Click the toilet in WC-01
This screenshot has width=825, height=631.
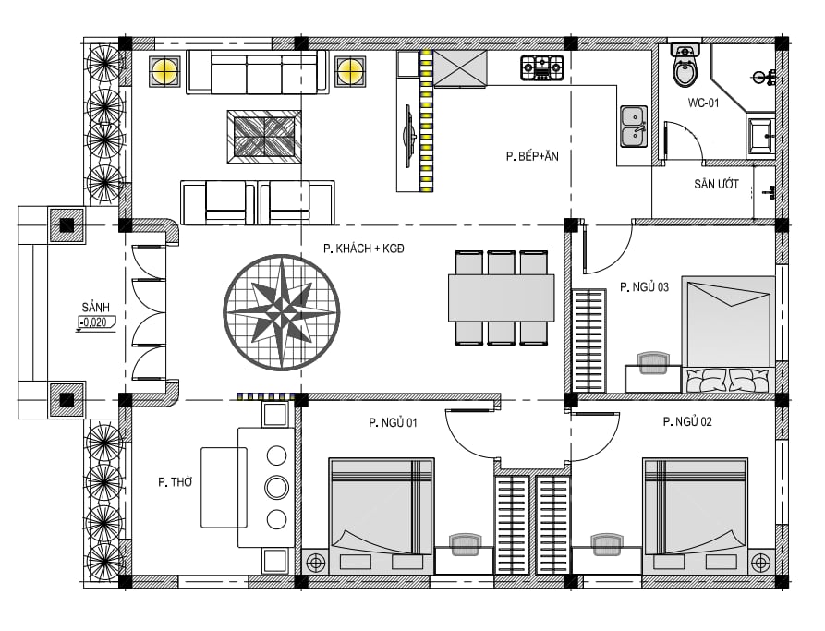tap(685, 66)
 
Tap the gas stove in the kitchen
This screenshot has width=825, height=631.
tap(542, 67)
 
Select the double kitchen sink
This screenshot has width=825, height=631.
tap(634, 127)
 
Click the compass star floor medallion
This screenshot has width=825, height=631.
tap(282, 312)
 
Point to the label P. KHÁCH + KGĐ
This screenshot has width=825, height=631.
tap(364, 249)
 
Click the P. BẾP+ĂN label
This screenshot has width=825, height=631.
tap(532, 156)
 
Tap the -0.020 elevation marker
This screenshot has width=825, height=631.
tap(95, 322)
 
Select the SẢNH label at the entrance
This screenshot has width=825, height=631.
tap(96, 307)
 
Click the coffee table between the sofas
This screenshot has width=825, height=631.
tap(264, 137)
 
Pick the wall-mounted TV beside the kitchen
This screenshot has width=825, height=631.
tap(408, 136)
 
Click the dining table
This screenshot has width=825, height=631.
tap(501, 297)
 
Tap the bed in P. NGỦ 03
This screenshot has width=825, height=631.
tap(729, 334)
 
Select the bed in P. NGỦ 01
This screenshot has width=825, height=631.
tap(382, 516)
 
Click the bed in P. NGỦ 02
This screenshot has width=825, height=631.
tap(695, 516)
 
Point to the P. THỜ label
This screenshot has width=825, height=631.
tap(176, 482)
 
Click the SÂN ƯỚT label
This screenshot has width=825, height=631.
tap(716, 184)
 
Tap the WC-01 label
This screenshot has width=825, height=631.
tap(703, 103)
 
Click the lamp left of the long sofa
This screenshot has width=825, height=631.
tap(164, 71)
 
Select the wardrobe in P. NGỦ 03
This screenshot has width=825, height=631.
tap(588, 340)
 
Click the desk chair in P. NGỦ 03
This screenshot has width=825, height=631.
tap(653, 363)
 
